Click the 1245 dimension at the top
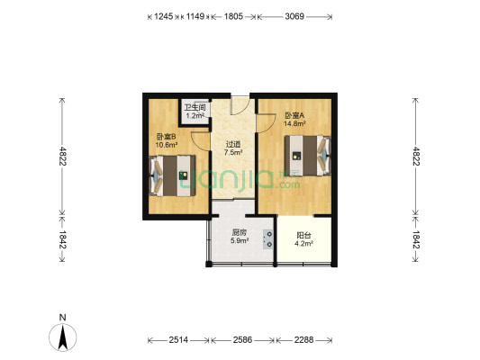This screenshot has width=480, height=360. [x=164, y=16]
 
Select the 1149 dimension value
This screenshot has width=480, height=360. [x=195, y=16]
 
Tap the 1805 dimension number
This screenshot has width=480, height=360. [x=233, y=16]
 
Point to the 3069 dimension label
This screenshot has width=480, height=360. [x=294, y=16]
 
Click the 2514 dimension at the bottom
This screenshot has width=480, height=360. [x=178, y=340]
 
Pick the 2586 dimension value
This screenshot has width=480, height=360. [x=243, y=340]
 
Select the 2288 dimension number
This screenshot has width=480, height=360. [x=303, y=340]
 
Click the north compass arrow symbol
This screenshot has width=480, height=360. [x=63, y=337]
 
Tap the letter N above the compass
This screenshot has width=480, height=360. [x=62, y=317]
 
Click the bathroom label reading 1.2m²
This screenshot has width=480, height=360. [x=195, y=115]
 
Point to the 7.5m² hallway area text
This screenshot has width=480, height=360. [x=233, y=152]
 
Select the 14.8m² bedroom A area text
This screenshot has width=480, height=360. [x=295, y=123]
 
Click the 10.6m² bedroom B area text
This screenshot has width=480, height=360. [x=167, y=145]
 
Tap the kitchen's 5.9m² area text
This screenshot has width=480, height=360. [x=240, y=240]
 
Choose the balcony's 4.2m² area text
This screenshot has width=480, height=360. [x=303, y=244]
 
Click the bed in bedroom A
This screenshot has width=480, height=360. [x=308, y=156]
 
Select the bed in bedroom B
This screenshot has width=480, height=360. [x=172, y=175]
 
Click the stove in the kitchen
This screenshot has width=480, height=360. [x=268, y=239]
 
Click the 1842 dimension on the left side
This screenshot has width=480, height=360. [x=62, y=239]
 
